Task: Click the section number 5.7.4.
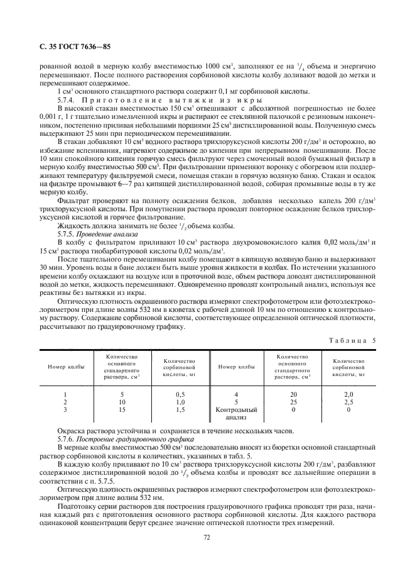click(67, 99)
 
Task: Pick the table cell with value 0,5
click(180, 394)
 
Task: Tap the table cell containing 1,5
click(180, 409)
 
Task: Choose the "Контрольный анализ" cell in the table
click(235, 413)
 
